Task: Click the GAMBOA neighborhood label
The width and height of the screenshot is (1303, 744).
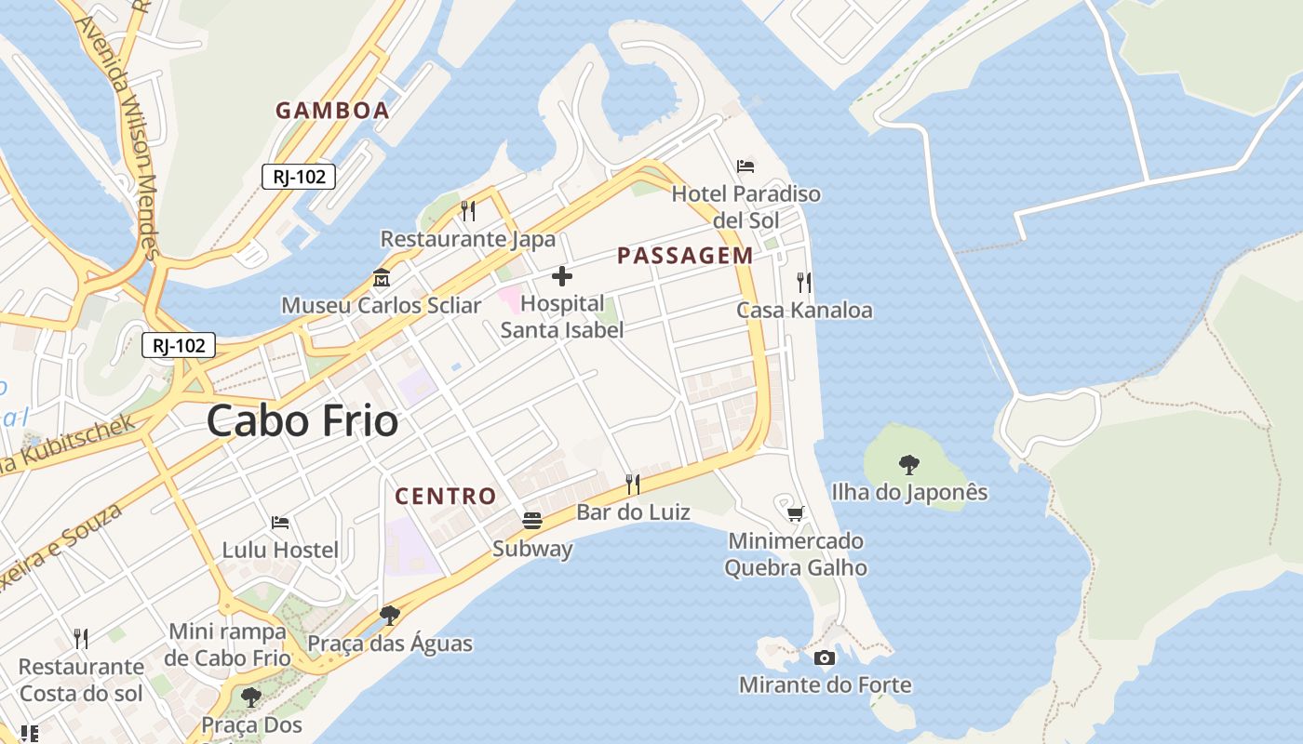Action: [332, 111]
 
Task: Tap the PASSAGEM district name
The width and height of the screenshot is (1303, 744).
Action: [685, 256]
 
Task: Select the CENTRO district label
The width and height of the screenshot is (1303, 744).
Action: [446, 497]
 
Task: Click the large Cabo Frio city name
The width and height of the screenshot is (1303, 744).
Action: [302, 421]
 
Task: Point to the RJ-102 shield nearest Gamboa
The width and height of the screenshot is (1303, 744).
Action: [298, 177]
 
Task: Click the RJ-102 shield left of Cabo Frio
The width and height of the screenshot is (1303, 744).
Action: [179, 346]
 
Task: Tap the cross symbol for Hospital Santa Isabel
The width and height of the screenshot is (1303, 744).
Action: [562, 276]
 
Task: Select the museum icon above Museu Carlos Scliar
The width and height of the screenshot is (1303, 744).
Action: [381, 278]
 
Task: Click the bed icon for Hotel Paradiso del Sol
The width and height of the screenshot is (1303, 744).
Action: [746, 166]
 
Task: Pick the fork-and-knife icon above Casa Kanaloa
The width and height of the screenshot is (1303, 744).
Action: [804, 283]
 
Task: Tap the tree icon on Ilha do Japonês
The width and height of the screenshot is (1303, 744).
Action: [909, 464]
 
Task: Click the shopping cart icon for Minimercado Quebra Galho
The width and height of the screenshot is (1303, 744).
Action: [796, 513]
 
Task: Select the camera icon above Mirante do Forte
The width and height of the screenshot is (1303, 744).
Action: [824, 658]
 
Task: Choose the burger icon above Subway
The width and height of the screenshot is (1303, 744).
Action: [532, 521]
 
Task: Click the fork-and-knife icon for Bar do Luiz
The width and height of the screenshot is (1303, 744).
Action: [633, 484]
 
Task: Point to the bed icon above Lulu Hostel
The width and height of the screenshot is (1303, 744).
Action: [280, 523]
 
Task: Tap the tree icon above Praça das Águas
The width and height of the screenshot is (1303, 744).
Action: [390, 615]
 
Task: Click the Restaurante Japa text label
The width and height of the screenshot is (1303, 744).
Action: [467, 239]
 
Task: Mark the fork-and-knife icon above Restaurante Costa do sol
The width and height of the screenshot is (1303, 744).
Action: [81, 638]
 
